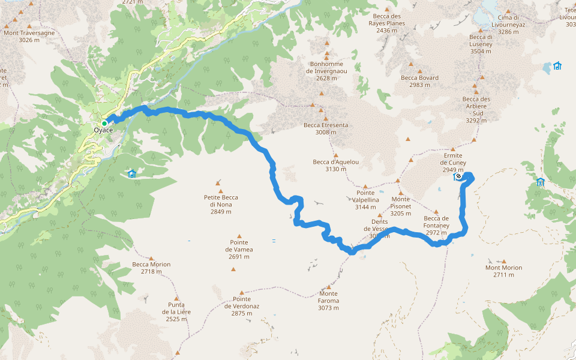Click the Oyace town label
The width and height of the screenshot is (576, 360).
[103, 131]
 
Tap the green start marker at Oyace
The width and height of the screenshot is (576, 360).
[104, 124]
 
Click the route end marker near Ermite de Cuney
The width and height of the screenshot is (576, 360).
[458, 176]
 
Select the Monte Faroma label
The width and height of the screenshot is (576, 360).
[328, 301]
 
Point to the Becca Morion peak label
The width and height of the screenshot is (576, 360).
[151, 268]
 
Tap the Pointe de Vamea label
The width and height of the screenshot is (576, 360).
[239, 250]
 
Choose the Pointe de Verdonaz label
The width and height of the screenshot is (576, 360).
[242, 306]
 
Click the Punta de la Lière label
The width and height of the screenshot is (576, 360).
[176, 311]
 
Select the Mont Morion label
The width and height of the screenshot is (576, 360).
[503, 271]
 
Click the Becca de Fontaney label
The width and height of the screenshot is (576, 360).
[436, 226]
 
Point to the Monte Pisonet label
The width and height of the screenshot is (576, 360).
[401, 206]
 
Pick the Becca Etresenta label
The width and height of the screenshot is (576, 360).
[326, 128]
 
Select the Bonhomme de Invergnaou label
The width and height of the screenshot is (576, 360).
[327, 71]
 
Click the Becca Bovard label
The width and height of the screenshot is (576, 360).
[419, 81]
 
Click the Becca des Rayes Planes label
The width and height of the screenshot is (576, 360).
[387, 23]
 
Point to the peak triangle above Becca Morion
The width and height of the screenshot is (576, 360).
[151, 257]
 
